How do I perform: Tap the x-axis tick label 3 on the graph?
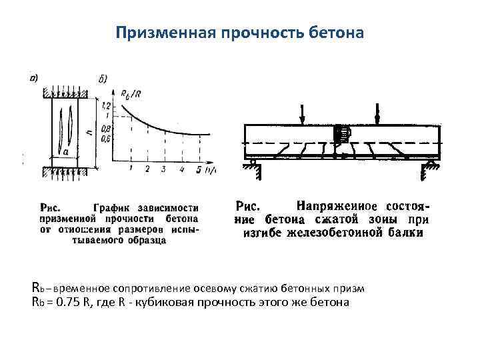[163, 169]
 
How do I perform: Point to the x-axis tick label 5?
[199, 170]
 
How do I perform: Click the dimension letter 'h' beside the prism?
[97, 133]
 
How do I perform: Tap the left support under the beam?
[254, 167]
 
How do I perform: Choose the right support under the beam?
[429, 167]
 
